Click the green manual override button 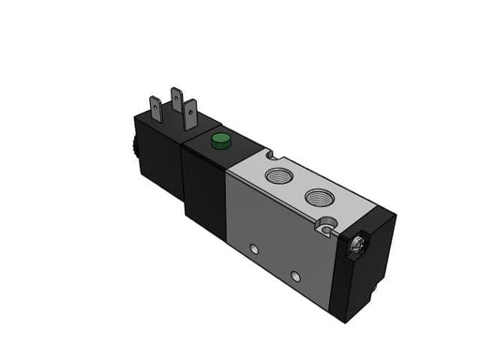pyautogui.click(x=220, y=142)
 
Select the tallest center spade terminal pyautogui.click(x=175, y=101)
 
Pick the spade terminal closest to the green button pyautogui.click(x=190, y=115)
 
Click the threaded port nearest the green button pyautogui.click(x=277, y=175)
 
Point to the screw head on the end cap pyautogui.click(x=357, y=246)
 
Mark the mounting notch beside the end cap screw pyautogui.click(x=325, y=225)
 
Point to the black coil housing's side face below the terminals pyautogui.click(x=157, y=173)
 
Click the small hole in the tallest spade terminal pyautogui.click(x=175, y=95)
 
